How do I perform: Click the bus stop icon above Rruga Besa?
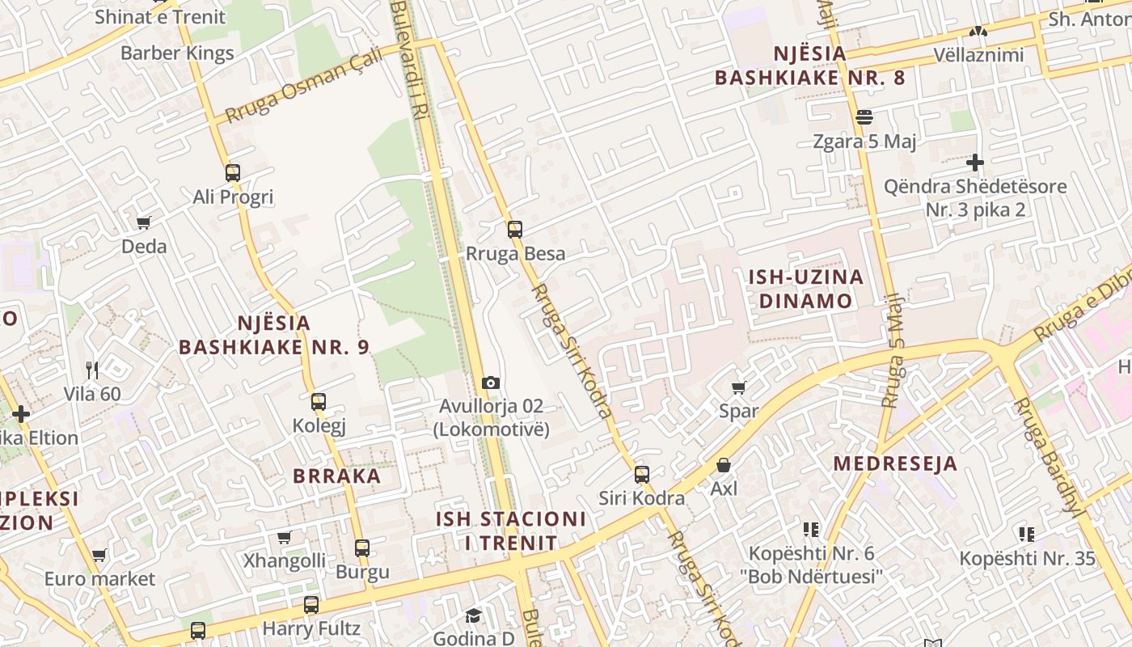pyautogui.click(x=515, y=230)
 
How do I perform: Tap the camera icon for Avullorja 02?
pyautogui.click(x=490, y=383)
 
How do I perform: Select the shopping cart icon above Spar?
pyautogui.click(x=738, y=388)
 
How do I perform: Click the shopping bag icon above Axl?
pyautogui.click(x=724, y=466)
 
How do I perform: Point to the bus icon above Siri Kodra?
pyautogui.click(x=642, y=475)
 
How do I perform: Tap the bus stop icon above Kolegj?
pyautogui.click(x=319, y=402)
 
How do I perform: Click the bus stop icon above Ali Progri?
pyautogui.click(x=233, y=173)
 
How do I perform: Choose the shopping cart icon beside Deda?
pyautogui.click(x=144, y=222)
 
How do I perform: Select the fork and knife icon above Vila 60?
pyautogui.click(x=92, y=370)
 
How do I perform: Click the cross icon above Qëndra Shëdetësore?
pyautogui.click(x=975, y=163)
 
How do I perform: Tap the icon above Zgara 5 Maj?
pyautogui.click(x=864, y=117)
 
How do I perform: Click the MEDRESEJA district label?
pyautogui.click(x=895, y=463)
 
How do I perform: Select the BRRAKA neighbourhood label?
pyautogui.click(x=337, y=476)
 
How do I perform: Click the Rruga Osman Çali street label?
pyautogui.click(x=304, y=84)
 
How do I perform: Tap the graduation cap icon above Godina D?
pyautogui.click(x=473, y=616)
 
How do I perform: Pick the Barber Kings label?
pyautogui.click(x=177, y=53)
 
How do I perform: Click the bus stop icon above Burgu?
pyautogui.click(x=362, y=548)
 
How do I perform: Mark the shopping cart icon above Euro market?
pyautogui.click(x=99, y=556)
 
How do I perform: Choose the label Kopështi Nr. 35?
pyautogui.click(x=1027, y=558)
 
